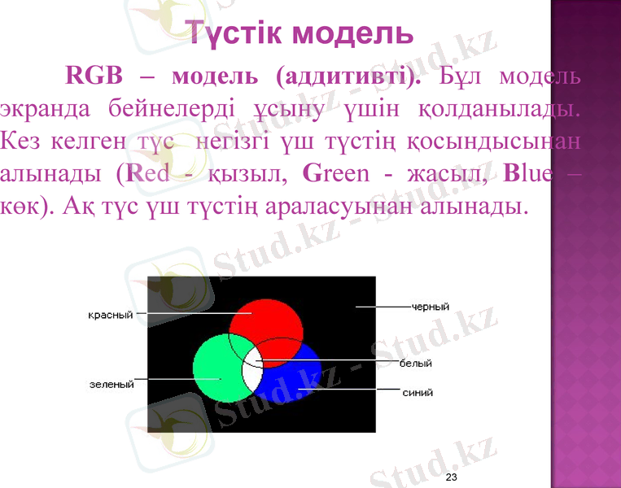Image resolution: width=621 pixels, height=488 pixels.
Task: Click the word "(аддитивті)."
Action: (x=349, y=77)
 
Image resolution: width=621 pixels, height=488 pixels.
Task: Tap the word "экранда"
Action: (x=46, y=109)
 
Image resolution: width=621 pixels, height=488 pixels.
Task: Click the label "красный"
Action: (x=110, y=314)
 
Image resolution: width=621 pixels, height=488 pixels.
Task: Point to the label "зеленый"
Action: (x=112, y=384)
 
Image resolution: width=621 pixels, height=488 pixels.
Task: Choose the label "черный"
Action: (x=431, y=307)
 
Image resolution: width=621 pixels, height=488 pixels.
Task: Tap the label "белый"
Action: (x=415, y=364)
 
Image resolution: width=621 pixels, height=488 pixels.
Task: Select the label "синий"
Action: (x=418, y=392)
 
